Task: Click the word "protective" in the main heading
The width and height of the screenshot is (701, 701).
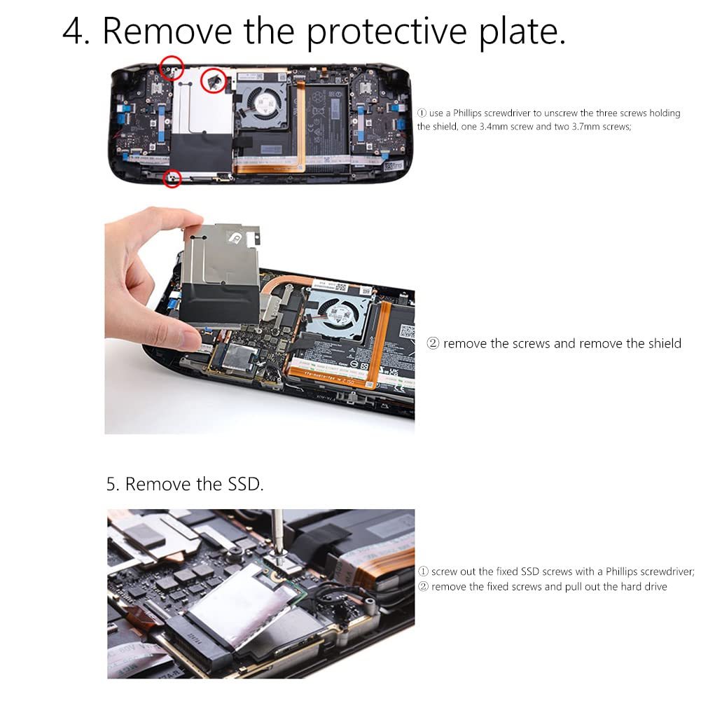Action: pos(387,32)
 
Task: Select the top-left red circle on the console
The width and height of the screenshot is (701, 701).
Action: pos(172,68)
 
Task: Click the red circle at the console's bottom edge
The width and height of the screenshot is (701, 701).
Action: pos(172,179)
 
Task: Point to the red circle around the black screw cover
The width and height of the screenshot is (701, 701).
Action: pos(214,80)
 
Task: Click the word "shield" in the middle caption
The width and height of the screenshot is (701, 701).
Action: pos(665,343)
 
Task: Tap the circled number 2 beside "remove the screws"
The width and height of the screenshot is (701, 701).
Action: pos(433,343)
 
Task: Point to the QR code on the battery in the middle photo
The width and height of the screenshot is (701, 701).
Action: pos(407,331)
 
